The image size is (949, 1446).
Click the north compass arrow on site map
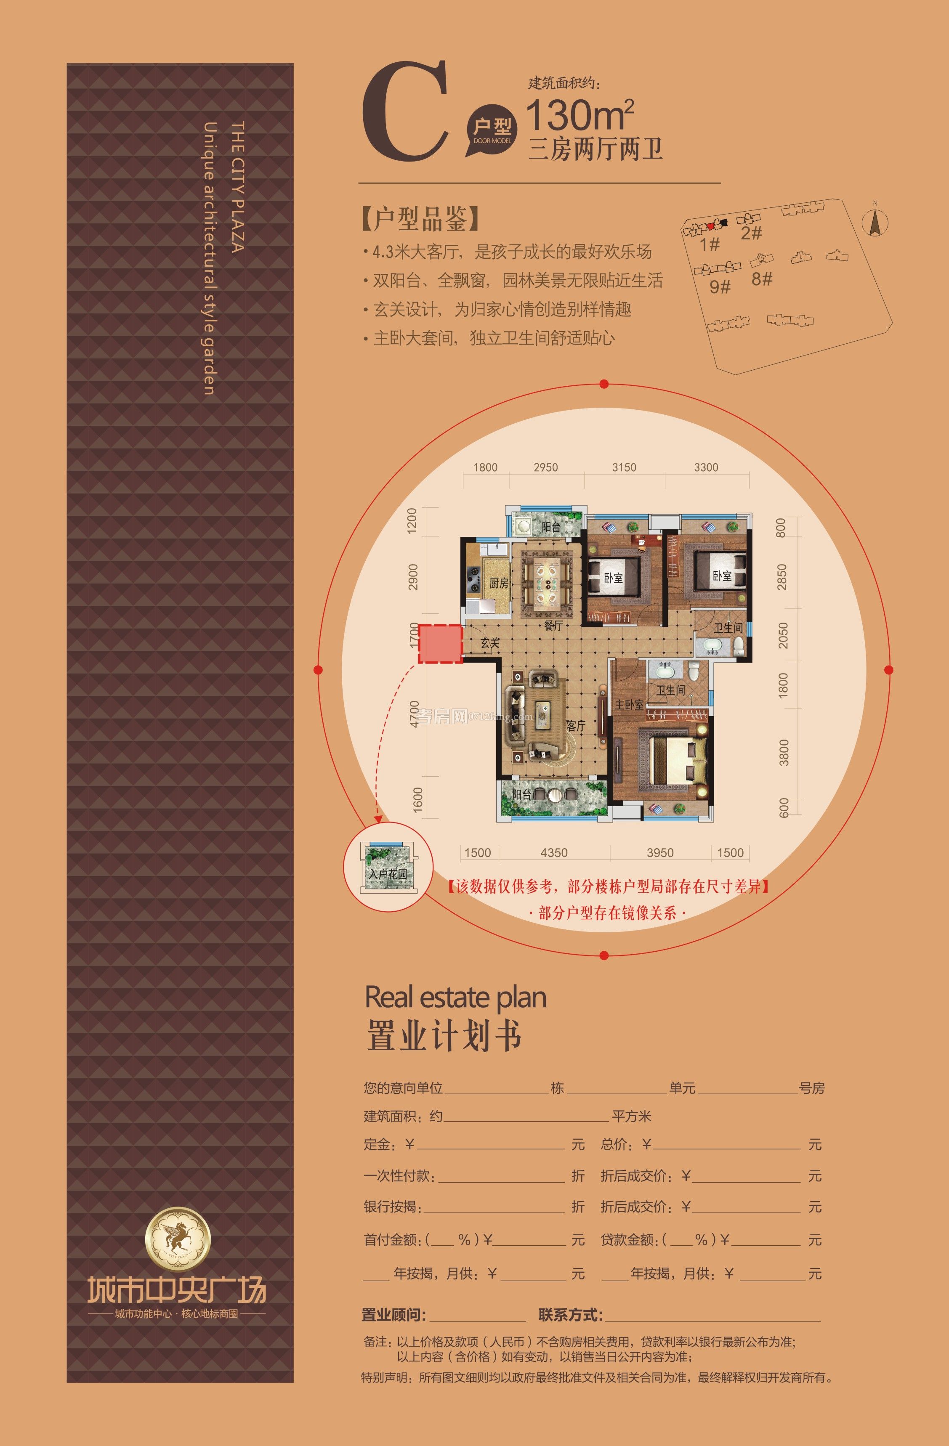coord(875,223)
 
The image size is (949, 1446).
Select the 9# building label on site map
coord(720,286)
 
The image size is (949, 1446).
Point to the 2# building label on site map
coord(751,233)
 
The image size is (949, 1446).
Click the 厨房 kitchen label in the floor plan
coord(499,583)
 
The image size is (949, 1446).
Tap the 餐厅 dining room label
coord(553,625)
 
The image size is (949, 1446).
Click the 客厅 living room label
coord(576,726)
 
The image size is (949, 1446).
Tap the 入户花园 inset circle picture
coord(388,866)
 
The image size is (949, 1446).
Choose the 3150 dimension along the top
coord(624,467)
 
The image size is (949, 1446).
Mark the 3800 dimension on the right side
coord(784,752)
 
